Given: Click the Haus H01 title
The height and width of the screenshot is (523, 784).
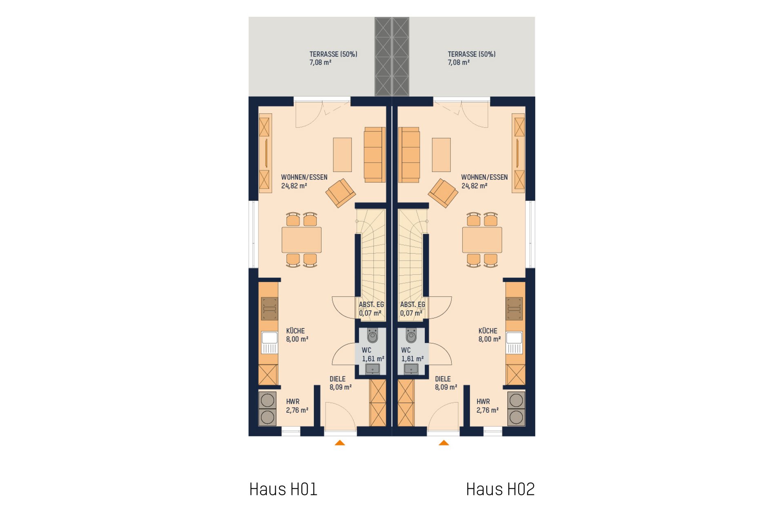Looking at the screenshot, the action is (283, 489).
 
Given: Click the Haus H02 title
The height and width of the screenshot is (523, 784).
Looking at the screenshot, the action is (500, 489).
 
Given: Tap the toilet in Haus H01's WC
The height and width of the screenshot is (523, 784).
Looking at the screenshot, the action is (372, 336).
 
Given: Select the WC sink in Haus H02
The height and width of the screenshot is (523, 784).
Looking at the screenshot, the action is (411, 369).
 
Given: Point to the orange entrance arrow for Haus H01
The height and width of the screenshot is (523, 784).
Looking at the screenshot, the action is (340, 443).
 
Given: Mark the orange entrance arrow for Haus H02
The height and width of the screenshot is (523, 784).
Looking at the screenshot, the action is (444, 443).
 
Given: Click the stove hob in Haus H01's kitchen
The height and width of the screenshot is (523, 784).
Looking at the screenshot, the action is (269, 309).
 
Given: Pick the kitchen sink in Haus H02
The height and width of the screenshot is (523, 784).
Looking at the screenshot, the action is (514, 342).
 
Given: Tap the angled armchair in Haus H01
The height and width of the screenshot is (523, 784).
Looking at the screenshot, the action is (341, 193).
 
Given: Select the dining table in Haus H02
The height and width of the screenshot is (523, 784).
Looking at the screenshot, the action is (482, 240).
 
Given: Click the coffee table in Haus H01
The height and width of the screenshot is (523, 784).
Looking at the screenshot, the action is (342, 155).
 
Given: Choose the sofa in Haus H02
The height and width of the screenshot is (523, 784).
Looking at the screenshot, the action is (409, 155).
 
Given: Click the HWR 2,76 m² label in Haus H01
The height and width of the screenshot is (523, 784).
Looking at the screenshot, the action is (297, 406).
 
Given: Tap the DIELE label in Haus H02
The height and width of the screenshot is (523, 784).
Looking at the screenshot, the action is (443, 379).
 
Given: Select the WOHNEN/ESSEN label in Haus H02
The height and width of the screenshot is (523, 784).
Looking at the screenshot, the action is (485, 177).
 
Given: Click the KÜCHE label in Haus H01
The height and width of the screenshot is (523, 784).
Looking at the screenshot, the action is (295, 331).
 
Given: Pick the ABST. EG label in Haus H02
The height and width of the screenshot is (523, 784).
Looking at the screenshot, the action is (412, 305).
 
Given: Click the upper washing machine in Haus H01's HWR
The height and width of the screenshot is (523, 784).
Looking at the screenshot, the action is (267, 401).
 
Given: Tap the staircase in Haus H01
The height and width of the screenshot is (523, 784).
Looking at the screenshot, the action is (371, 263).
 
